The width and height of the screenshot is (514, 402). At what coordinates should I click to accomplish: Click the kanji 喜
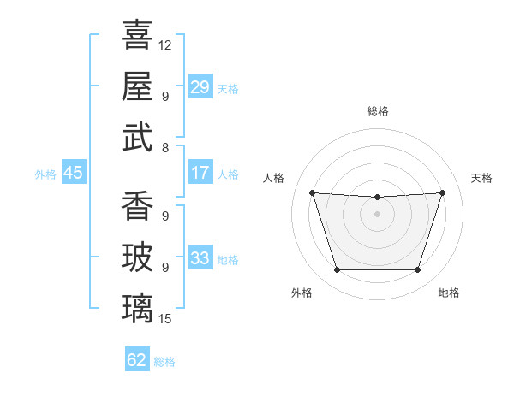[137, 35]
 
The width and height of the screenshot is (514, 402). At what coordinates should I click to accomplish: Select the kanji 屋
[137, 86]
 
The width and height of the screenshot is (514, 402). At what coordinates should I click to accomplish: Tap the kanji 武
[137, 137]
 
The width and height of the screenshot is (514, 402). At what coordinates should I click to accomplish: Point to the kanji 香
[137, 205]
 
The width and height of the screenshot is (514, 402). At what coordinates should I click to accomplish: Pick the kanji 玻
[137, 257]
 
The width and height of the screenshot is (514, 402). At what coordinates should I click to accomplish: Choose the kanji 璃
[137, 308]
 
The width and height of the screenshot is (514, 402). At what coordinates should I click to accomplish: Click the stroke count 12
[164, 45]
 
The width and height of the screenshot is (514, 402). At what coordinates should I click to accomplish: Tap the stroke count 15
[164, 319]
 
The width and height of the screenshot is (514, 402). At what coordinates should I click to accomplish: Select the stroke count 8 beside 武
[165, 148]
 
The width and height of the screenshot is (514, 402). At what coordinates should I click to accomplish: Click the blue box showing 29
[200, 86]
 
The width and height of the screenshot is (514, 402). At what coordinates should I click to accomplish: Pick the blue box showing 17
[200, 172]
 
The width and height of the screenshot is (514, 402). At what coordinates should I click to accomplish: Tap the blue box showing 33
[200, 257]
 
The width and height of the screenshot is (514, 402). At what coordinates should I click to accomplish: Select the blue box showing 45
[74, 172]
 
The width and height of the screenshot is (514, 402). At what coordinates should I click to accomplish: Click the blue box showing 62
[137, 358]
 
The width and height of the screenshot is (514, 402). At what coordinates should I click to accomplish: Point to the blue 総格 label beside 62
[164, 362]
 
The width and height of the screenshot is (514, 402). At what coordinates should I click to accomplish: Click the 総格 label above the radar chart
[378, 111]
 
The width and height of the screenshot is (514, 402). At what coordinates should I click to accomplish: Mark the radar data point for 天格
[442, 192]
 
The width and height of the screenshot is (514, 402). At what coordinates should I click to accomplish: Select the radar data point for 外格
[338, 269]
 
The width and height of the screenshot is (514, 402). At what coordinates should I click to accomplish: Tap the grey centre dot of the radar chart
[377, 214]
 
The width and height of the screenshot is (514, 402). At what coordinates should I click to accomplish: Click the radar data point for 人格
[313, 192]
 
